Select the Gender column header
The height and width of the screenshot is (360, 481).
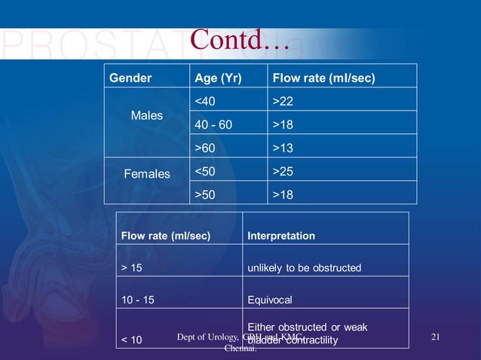(x=130, y=78)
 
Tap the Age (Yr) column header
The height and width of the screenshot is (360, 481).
(x=218, y=78)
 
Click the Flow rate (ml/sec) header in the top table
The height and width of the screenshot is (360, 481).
(x=323, y=78)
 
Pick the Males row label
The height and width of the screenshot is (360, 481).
(x=146, y=116)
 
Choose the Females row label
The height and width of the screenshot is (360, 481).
(x=147, y=174)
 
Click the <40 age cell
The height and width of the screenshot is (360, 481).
(x=205, y=101)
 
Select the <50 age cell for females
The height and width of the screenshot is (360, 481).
(x=205, y=171)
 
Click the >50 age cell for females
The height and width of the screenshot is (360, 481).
(x=205, y=194)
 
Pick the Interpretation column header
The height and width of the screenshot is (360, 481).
(x=281, y=236)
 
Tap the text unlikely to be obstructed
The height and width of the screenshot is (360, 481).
(x=304, y=268)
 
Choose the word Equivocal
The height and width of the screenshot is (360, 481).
(x=269, y=300)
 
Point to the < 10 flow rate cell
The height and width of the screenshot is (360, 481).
(x=131, y=340)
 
